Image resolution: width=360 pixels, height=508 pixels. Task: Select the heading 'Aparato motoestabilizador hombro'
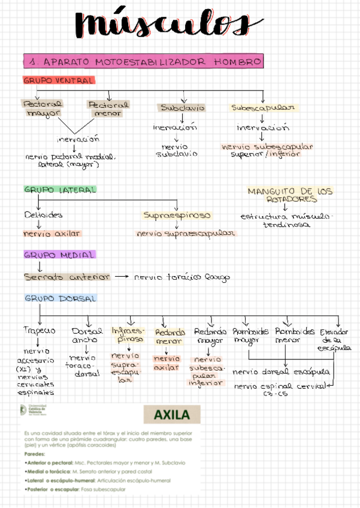pos(144,62)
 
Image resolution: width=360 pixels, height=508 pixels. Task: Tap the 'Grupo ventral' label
pos(58,80)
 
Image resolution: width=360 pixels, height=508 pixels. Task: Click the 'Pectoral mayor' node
pos(41,108)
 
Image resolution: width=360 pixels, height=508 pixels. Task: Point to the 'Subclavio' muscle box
pos(182,108)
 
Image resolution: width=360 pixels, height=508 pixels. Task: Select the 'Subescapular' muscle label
pos(263,108)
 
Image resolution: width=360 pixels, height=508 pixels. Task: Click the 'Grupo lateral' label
pos(59,189)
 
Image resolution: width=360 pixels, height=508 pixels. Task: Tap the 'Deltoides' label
pos(43,214)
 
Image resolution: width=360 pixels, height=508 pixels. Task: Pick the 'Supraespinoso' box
pos(177,215)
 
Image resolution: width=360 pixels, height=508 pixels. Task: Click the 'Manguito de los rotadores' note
pos(290,195)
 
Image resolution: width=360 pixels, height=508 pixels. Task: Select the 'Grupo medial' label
pos(59,255)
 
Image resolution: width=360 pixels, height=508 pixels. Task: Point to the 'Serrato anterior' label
pos(66,277)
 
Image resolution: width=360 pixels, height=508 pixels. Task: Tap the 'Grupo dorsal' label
pos(60,298)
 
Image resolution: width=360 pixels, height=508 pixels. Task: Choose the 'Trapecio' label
pos(40,331)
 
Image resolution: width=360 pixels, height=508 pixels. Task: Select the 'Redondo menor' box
pos(168,336)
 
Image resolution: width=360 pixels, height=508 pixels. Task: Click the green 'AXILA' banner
pos(171,415)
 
